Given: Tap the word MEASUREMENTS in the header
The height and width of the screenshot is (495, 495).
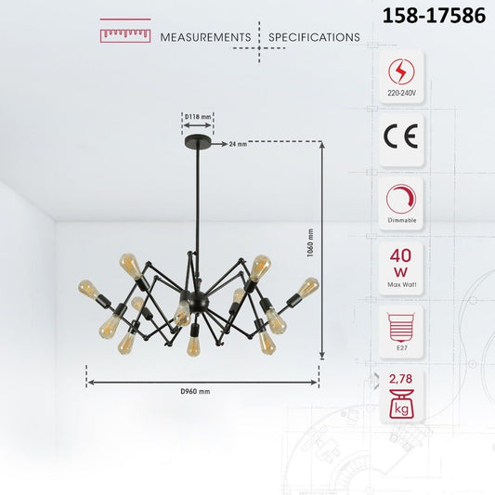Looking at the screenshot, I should (205, 38).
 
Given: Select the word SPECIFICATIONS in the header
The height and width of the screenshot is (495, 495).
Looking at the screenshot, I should (314, 38).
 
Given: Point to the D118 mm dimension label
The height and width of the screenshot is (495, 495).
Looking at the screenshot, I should (197, 117).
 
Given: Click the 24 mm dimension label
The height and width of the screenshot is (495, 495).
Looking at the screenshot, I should (238, 145).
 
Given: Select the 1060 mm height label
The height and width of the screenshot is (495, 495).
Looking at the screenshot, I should (310, 246).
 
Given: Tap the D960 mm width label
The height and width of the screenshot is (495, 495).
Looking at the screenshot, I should (195, 392).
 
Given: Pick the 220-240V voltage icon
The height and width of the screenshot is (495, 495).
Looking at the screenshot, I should (401, 74).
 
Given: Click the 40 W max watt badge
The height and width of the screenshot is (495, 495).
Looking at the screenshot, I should (401, 265).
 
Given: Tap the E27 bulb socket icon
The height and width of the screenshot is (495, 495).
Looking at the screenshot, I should (401, 329).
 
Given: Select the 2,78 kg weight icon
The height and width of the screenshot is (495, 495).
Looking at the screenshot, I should (401, 395).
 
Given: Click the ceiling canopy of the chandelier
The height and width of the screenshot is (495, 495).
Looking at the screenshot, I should (198, 143).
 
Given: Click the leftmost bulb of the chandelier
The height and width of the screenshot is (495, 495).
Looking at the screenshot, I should (89, 288).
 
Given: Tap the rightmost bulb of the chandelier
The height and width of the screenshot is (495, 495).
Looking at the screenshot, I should (308, 286).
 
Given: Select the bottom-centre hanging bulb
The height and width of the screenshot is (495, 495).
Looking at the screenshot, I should (193, 345).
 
